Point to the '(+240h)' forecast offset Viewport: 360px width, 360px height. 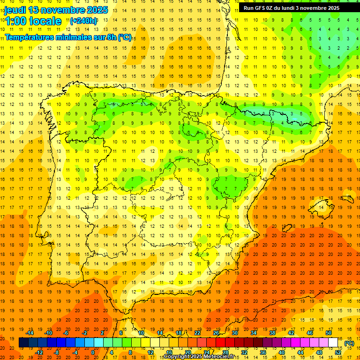pyautogui.click(x=83, y=21)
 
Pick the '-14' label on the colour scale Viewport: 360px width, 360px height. pyautogui.click(x=30, y=333)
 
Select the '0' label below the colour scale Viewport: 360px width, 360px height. pyautogui.click(x=93, y=352)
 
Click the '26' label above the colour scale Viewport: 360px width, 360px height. pyautogui.click(x=216, y=333)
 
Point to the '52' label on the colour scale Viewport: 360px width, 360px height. pyautogui.click(x=338, y=352)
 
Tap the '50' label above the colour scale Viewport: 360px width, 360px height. pyautogui.click(x=329, y=333)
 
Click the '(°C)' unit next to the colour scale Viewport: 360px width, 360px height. pyautogui.click(x=349, y=343)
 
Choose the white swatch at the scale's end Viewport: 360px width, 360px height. pyautogui.click(x=333, y=343)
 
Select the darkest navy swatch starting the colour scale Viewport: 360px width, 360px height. pyautogui.click(x=23, y=343)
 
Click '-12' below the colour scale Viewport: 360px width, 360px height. pyautogui.click(x=39, y=352)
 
